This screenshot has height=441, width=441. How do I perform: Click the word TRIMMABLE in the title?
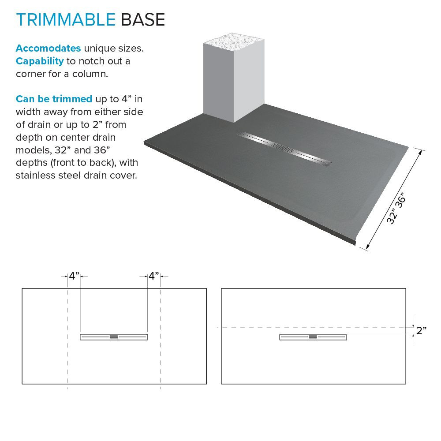pos(65,19)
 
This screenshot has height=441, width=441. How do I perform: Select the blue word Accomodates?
pos(48,48)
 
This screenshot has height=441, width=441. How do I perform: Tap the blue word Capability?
pos(40,61)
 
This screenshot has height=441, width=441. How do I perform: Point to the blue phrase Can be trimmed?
pos(54,99)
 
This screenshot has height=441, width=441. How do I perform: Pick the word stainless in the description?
pos(37,176)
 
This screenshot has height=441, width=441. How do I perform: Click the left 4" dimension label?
pos(74,277)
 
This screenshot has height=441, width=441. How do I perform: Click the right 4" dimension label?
pos(153,277)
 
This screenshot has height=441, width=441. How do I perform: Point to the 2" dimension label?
pos(421,331)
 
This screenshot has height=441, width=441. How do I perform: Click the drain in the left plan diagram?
pos(114,337)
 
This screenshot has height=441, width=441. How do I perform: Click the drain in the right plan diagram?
pos(313,337)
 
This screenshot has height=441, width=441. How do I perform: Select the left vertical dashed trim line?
pos(67,353)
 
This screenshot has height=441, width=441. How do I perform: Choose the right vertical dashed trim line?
pos(160,353)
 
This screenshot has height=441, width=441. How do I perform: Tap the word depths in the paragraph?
pos(32,163)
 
